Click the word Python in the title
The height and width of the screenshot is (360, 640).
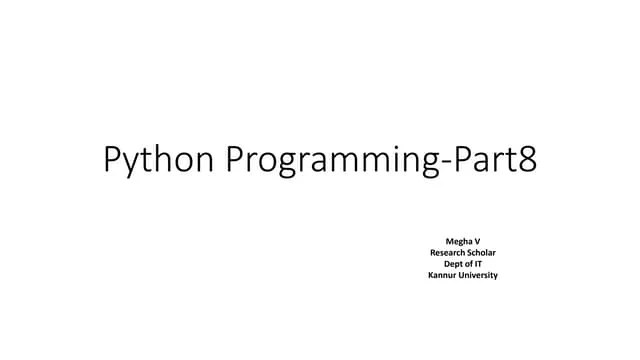(160, 161)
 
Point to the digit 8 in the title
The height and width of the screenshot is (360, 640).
(527, 159)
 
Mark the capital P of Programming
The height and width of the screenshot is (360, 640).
(238, 159)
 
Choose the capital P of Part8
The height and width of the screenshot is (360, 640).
(464, 159)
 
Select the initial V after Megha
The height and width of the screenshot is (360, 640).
(476, 242)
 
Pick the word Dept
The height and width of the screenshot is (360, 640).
(453, 264)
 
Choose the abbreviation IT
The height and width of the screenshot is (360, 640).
(477, 264)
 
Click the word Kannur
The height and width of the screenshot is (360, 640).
(442, 275)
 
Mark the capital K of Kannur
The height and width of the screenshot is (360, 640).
(430, 275)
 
